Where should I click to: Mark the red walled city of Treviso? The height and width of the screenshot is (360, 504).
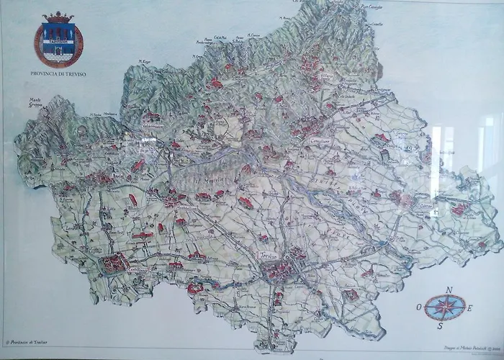point(278,271)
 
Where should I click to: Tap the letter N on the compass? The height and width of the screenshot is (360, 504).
point(449,289)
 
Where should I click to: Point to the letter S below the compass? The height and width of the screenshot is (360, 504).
point(438,326)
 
